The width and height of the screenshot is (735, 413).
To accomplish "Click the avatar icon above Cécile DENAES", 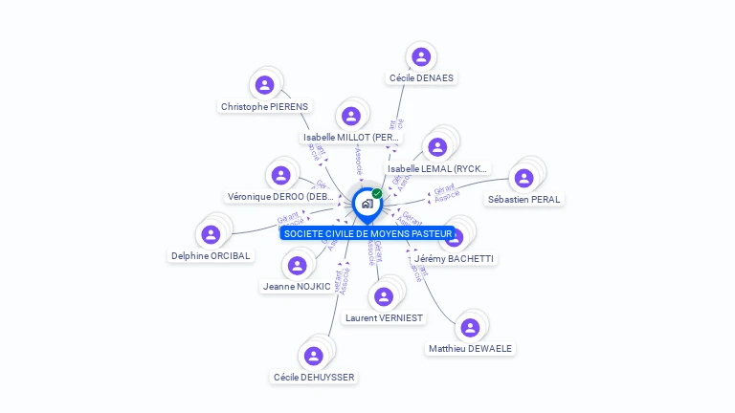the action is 420,56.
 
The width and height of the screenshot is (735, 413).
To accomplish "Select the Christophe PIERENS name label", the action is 264,107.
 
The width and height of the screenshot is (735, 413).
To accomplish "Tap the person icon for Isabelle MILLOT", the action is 351,116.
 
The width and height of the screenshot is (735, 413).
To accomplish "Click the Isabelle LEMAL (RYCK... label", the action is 437,169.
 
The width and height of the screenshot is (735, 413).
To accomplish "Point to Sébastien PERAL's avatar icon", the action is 523,178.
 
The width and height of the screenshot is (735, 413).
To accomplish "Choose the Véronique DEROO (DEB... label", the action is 281,197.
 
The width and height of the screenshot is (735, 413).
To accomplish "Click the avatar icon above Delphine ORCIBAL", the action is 211,234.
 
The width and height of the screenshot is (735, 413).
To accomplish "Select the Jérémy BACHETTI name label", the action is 456,259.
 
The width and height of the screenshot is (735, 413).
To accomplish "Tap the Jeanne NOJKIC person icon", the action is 297,265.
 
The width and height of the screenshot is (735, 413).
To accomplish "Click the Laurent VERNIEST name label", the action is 384,318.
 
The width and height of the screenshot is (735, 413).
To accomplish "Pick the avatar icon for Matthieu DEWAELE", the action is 469,328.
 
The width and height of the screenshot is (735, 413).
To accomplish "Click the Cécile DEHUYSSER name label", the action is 314,378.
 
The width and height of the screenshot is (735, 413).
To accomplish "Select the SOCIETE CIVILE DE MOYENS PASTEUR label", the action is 367,234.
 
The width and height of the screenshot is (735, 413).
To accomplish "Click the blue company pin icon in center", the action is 367,204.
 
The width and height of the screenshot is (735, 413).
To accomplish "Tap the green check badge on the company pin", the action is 377,193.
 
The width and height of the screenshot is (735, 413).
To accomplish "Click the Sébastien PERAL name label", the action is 523,200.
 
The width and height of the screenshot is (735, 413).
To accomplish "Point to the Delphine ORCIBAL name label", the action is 211,256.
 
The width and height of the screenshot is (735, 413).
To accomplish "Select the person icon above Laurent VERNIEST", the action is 384,296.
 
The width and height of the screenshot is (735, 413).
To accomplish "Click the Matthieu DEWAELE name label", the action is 470,349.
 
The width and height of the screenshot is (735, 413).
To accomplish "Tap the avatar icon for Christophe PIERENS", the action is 265,85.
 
